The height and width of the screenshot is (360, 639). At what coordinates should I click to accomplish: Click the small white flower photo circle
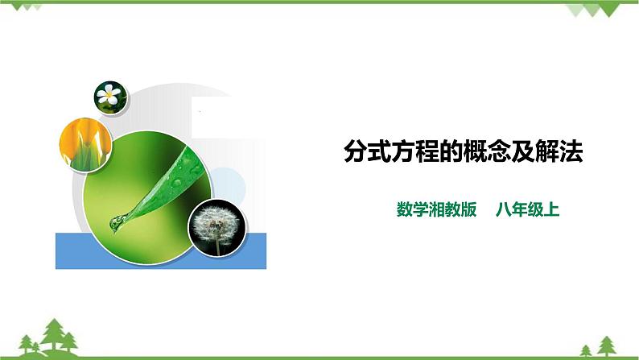[x=107, y=96]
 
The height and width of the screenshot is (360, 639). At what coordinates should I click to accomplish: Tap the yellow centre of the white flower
[x=107, y=96]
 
